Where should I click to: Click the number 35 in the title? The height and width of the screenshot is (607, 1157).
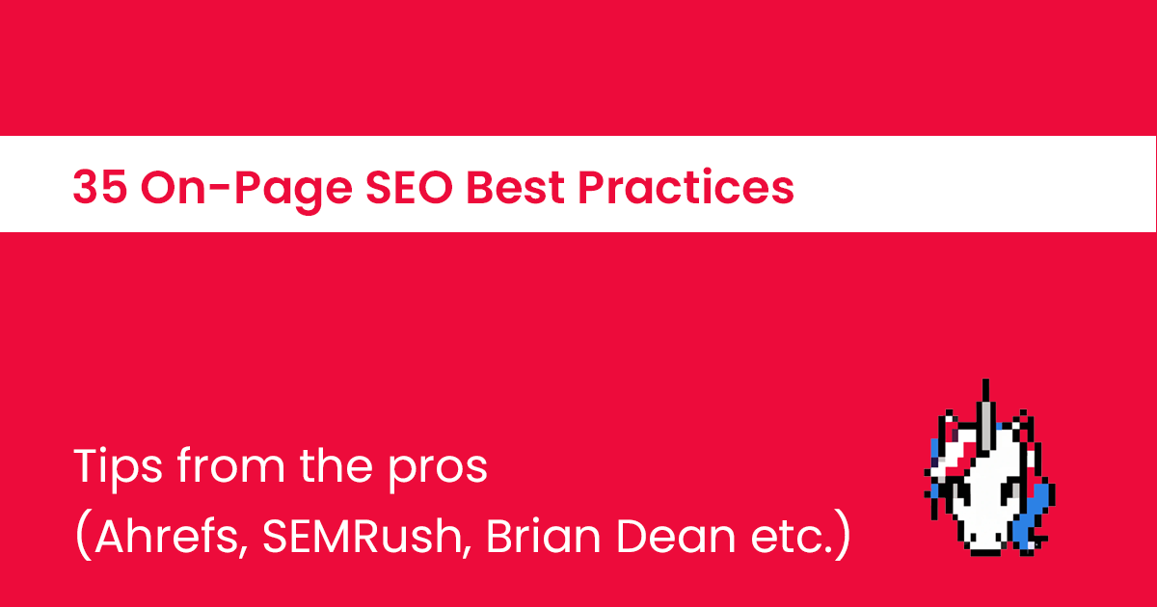tap(99, 187)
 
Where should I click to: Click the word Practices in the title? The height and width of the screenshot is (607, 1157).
tap(686, 187)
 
